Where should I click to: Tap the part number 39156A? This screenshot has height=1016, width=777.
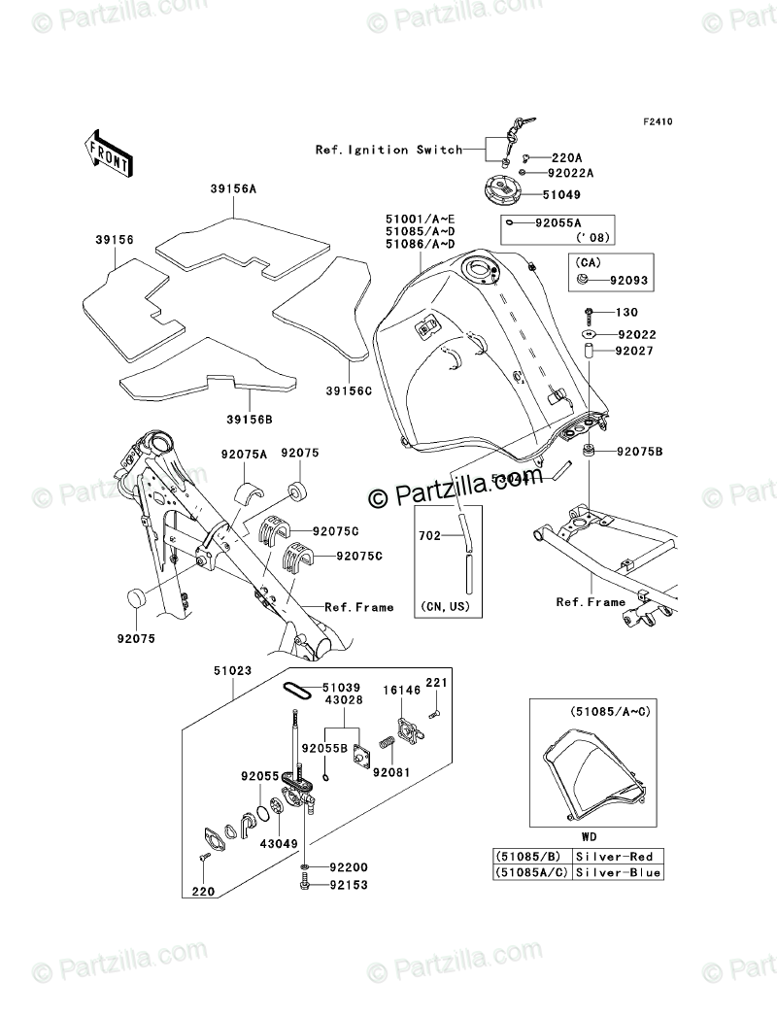click(230, 189)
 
